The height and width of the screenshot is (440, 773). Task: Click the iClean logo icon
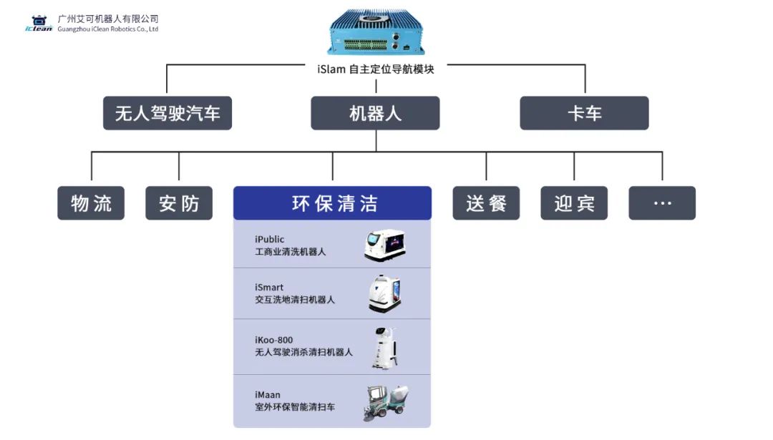tap(39, 23)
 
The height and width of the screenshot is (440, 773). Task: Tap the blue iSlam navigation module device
tap(376, 32)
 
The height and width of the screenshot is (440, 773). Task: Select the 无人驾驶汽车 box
tap(167, 113)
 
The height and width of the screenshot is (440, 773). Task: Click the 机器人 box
tap(375, 113)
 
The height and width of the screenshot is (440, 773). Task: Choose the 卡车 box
tap(584, 113)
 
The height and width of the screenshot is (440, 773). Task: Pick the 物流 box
tap(91, 203)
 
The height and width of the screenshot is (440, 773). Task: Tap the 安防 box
tap(179, 203)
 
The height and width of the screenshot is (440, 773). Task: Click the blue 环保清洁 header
tap(333, 203)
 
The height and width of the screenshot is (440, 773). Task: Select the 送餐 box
tap(486, 203)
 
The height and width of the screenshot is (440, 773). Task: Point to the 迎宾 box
tap(574, 203)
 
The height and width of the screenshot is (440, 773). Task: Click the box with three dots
tap(662, 203)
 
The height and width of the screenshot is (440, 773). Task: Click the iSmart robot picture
tap(384, 293)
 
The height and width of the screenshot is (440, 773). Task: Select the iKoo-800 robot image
tap(384, 348)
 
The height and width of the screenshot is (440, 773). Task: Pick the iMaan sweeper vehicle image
tap(386, 402)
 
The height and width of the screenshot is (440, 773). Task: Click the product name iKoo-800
tap(273, 340)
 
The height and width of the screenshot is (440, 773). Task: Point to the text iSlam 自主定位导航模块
tap(375, 69)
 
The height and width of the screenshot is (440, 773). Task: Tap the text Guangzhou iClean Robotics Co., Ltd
tap(107, 29)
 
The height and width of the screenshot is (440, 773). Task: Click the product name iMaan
tap(268, 394)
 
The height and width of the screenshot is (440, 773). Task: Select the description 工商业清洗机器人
tap(290, 252)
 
